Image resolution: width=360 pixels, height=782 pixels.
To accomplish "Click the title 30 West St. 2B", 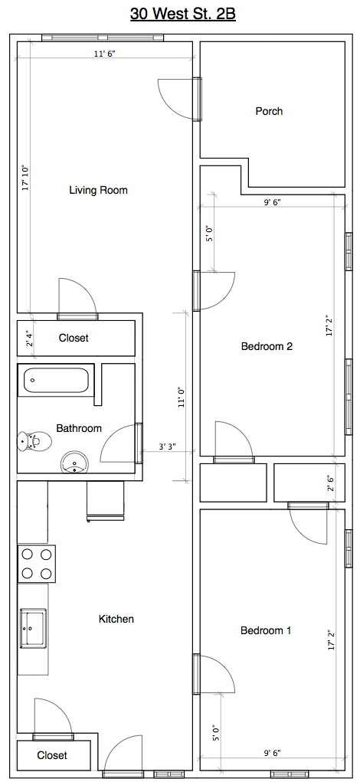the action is point(182,15).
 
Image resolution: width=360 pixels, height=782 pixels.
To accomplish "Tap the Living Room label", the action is point(98,190).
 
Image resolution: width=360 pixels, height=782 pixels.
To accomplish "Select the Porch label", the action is point(269,111).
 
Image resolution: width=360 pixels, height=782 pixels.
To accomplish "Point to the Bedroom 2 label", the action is point(267,346).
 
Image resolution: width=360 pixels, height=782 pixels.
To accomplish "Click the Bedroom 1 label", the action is point(266,630).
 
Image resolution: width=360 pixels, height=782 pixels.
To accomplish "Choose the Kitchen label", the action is point(116,619).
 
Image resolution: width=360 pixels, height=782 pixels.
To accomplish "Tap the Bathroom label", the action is point(79,428).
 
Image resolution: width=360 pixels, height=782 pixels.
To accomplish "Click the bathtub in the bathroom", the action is point(56,381).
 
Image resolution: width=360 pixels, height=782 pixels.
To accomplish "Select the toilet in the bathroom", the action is point(35,441).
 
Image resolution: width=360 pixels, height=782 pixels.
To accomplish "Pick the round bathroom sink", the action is point(75,463).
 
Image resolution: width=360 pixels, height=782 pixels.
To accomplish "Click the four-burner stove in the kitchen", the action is point(37,564).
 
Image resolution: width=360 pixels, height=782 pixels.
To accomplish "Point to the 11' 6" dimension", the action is point(105,54).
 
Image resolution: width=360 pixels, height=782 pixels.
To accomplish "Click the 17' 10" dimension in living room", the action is point(26,178).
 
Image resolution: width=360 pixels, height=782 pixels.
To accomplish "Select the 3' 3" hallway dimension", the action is point(168,447).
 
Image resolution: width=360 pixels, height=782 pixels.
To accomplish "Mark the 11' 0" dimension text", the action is point(182,398).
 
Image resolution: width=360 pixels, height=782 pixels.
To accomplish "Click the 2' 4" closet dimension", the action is point(29,338).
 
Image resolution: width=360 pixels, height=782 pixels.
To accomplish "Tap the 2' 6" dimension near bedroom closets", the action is point(330,483).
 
